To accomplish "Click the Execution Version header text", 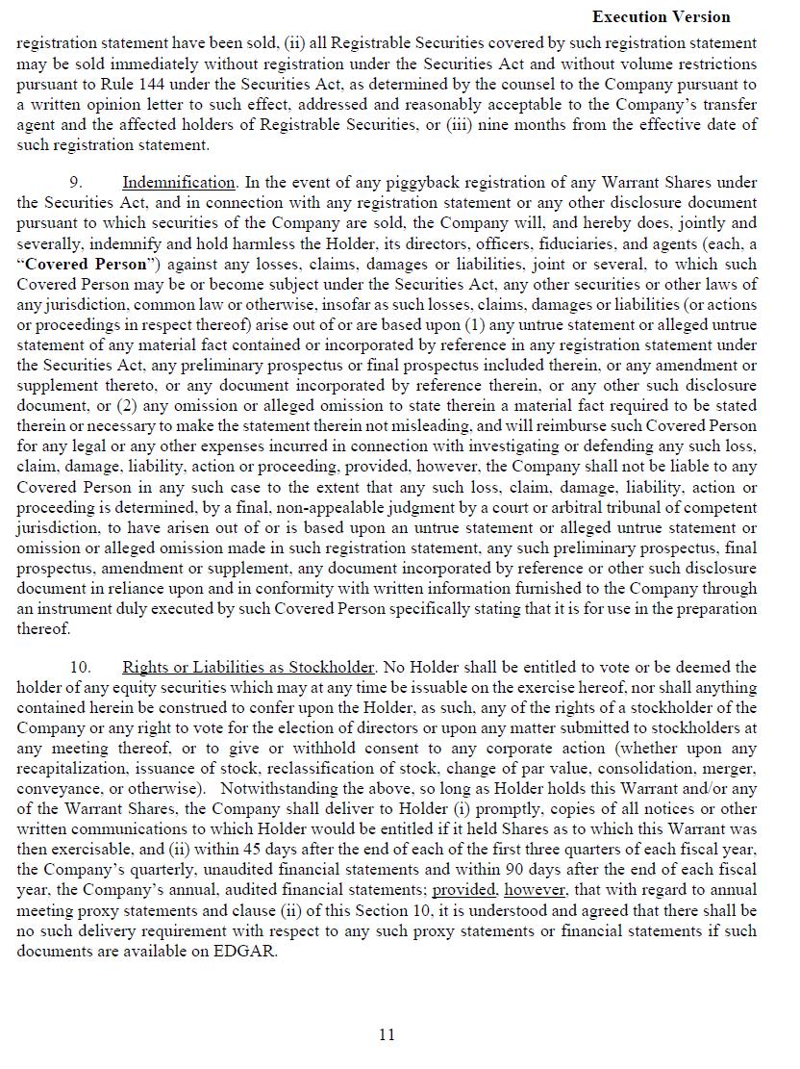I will click(x=661, y=16).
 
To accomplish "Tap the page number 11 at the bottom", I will click(x=387, y=1034).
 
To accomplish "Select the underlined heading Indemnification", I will click(x=178, y=182).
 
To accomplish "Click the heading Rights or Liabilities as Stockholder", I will click(x=248, y=667).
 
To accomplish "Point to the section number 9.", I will click(x=76, y=182).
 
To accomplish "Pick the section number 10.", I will click(x=80, y=667).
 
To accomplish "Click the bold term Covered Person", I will click(x=87, y=264).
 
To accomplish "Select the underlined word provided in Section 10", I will click(x=463, y=890).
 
